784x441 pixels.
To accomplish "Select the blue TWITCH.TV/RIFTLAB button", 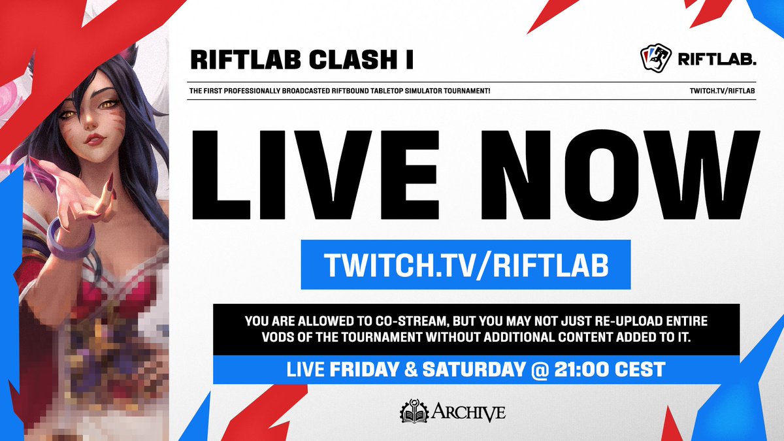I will [465, 264].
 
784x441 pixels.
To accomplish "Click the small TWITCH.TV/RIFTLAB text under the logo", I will [723, 90].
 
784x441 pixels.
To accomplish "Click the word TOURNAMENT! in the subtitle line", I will [468, 90].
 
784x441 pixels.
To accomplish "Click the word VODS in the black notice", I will [265, 338].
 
